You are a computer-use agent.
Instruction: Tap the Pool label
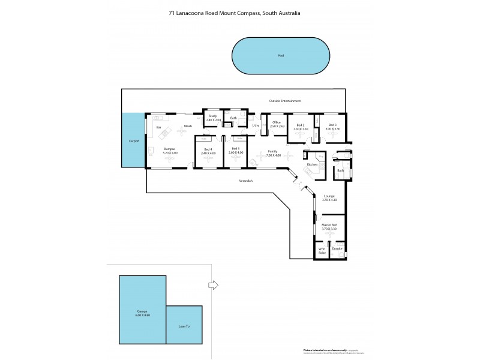tap(280, 55)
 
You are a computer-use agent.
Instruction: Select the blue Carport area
tap(134, 141)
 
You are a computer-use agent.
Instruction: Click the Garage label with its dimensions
tap(142, 313)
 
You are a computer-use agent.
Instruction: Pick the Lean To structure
tap(184, 326)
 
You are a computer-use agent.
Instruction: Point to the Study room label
tap(212, 118)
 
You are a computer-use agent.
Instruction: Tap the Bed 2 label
tap(300, 127)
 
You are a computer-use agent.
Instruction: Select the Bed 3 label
tap(332, 127)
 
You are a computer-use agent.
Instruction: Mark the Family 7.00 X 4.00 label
tap(272, 154)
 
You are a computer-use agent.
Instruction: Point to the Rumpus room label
tap(169, 151)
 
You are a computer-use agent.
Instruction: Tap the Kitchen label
tap(312, 164)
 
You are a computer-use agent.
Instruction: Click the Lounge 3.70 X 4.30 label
tap(329, 197)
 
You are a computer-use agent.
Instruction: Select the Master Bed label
tap(329, 227)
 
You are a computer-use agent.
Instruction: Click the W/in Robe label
tap(322, 250)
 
